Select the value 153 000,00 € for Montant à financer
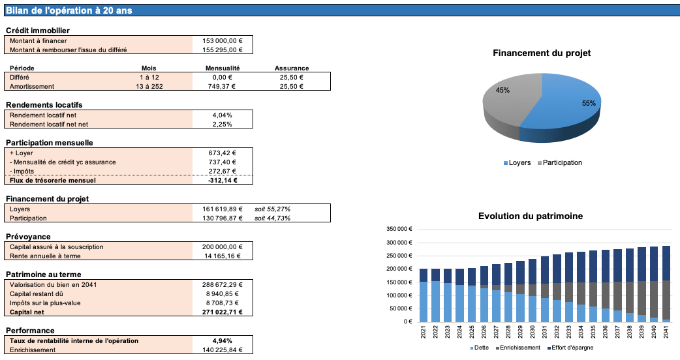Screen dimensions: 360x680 [x=223, y=40]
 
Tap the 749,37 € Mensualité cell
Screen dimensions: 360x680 [x=223, y=86]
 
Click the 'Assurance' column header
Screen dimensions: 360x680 [x=292, y=68]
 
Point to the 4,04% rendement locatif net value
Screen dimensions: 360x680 [x=223, y=115]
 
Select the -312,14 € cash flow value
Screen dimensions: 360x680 [x=223, y=180]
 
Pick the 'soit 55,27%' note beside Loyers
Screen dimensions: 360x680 [x=273, y=209]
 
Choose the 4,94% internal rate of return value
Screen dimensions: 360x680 [x=223, y=340]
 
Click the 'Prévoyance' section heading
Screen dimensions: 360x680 [x=28, y=236]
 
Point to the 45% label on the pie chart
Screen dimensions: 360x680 [x=502, y=90]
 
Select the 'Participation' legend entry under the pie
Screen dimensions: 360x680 [x=562, y=162]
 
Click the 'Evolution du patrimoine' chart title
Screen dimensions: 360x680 [x=531, y=216]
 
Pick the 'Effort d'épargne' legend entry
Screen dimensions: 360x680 [x=571, y=348]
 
